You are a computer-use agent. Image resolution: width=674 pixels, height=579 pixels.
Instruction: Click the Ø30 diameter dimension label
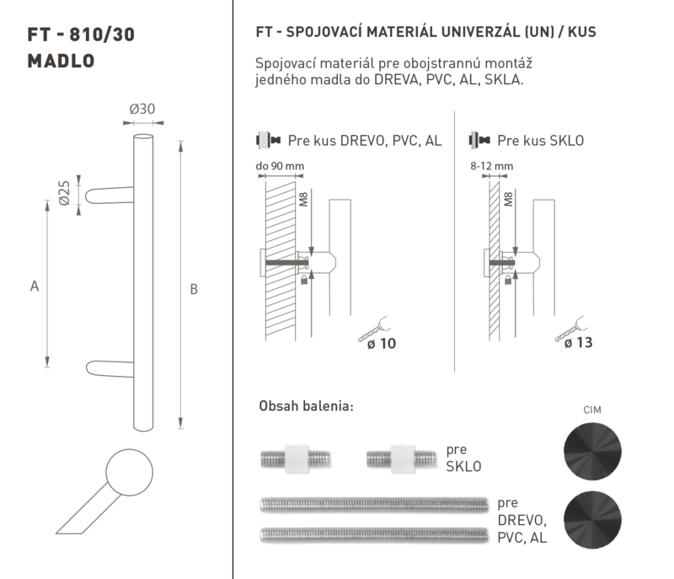[142, 110]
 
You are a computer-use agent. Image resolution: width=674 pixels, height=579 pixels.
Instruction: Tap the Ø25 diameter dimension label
[64, 193]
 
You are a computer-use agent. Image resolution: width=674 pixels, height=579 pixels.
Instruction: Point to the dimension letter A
[35, 286]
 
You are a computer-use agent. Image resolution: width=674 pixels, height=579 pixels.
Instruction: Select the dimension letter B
[194, 289]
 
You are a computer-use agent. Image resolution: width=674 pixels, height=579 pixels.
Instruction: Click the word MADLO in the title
[61, 61]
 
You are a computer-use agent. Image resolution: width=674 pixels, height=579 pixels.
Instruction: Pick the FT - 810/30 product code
[81, 35]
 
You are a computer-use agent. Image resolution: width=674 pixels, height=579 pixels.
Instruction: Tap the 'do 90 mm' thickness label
[280, 166]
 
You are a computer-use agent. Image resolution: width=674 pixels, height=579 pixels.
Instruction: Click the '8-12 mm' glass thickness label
[492, 166]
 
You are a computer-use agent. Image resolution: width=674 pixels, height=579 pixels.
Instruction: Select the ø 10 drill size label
[382, 344]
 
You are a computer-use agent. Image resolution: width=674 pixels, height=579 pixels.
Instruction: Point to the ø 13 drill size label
[579, 342]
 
